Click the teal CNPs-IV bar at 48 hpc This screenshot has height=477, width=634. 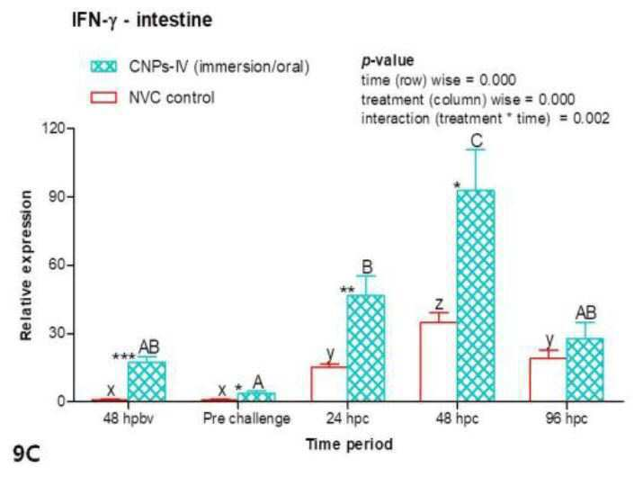tap(476, 295)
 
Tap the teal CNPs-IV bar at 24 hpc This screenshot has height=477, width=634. tap(366, 348)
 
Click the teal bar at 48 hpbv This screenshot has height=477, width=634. tap(147, 381)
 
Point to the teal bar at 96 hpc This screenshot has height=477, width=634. tap(585, 370)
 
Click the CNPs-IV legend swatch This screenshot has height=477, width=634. tap(103, 67)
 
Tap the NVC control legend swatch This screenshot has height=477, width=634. tap(103, 97)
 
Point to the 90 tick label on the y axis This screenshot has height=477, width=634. tap(55, 197)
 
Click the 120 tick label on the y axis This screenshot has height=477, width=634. tap(52, 129)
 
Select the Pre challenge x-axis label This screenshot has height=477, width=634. tap(246, 418)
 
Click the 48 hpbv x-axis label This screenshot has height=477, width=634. tap(129, 418)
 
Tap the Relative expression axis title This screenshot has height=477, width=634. tap(26, 265)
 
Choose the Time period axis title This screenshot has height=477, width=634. tap(349, 445)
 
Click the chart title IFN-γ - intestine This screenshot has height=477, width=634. tap(142, 20)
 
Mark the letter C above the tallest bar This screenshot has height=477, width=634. tap(477, 140)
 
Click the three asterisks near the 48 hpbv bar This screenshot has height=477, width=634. tap(124, 356)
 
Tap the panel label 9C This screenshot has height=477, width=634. tap(27, 454)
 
